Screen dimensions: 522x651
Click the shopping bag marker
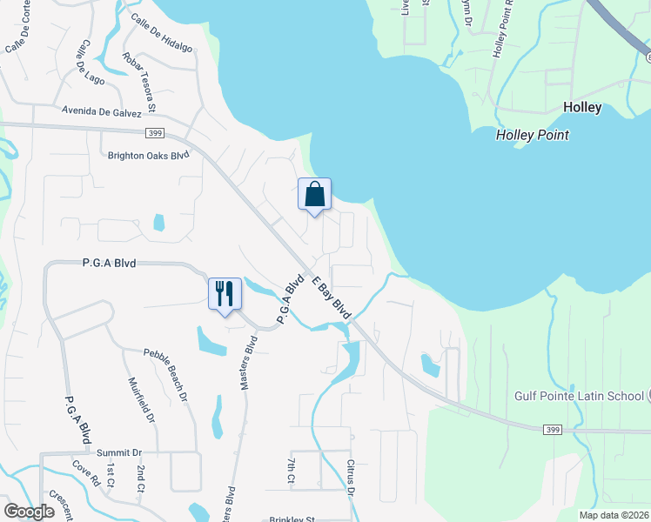click(x=314, y=195)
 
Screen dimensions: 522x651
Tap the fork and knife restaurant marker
click(x=225, y=292)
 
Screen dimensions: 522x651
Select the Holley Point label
click(x=533, y=135)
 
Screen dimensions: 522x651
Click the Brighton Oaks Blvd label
click(x=148, y=156)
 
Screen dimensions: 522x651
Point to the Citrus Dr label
click(x=352, y=479)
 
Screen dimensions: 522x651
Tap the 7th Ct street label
click(x=291, y=470)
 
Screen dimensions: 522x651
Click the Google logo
click(x=29, y=512)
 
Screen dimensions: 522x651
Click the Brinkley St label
click(x=291, y=519)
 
